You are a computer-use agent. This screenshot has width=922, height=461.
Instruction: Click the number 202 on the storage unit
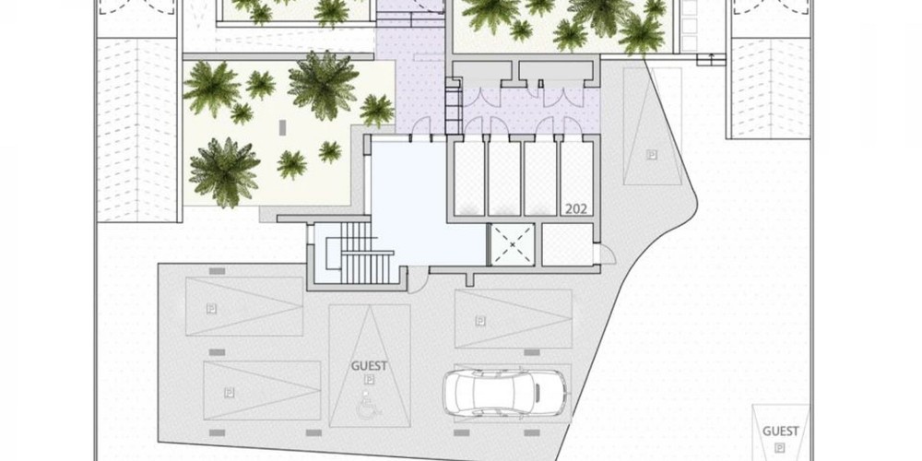(575, 208)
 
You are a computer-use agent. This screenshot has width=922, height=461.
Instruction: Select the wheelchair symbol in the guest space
(366, 405)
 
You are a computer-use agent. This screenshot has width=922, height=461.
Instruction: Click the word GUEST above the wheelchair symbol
(370, 366)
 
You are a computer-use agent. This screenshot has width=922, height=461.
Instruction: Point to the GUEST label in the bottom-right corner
(780, 431)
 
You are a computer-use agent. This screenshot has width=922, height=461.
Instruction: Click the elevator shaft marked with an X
(513, 244)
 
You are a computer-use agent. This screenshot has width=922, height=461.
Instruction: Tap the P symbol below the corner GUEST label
(780, 447)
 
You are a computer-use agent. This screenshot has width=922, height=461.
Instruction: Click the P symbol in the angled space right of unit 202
(651, 155)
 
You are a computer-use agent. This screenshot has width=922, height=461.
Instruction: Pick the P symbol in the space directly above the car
(480, 321)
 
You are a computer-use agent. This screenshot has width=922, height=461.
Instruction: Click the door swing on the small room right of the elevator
(608, 254)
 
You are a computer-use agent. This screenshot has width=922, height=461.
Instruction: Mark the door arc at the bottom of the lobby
(417, 280)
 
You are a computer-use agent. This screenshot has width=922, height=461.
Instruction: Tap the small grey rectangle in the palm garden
(282, 127)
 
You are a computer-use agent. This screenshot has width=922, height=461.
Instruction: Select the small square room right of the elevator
(567, 244)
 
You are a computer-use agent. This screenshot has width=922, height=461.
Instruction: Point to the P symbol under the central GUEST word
(370, 379)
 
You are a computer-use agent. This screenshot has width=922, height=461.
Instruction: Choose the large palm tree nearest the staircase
(225, 172)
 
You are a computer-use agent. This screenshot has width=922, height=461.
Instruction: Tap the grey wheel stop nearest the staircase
(217, 270)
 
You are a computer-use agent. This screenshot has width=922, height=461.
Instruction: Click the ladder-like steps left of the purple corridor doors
(453, 106)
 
